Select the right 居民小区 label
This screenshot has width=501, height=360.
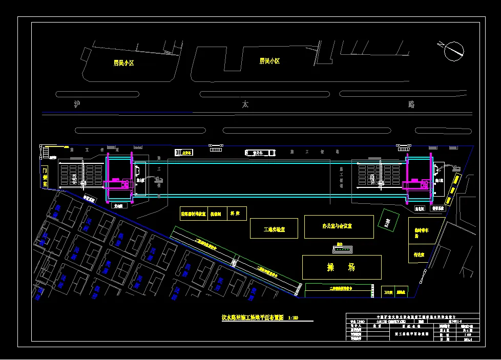[269, 61]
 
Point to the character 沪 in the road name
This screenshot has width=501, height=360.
[77, 104]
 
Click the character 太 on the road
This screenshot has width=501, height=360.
[245, 104]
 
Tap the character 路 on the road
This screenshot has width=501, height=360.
[411, 104]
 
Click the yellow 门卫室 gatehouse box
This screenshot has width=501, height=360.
[45, 176]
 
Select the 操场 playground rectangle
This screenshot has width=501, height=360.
[341, 267]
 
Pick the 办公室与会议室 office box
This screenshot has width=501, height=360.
[339, 226]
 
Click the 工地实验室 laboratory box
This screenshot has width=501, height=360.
[274, 228]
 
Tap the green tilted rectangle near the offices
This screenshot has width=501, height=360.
[389, 221]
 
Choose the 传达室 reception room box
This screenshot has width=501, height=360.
[419, 254]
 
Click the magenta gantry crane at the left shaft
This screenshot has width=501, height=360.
[118, 183]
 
